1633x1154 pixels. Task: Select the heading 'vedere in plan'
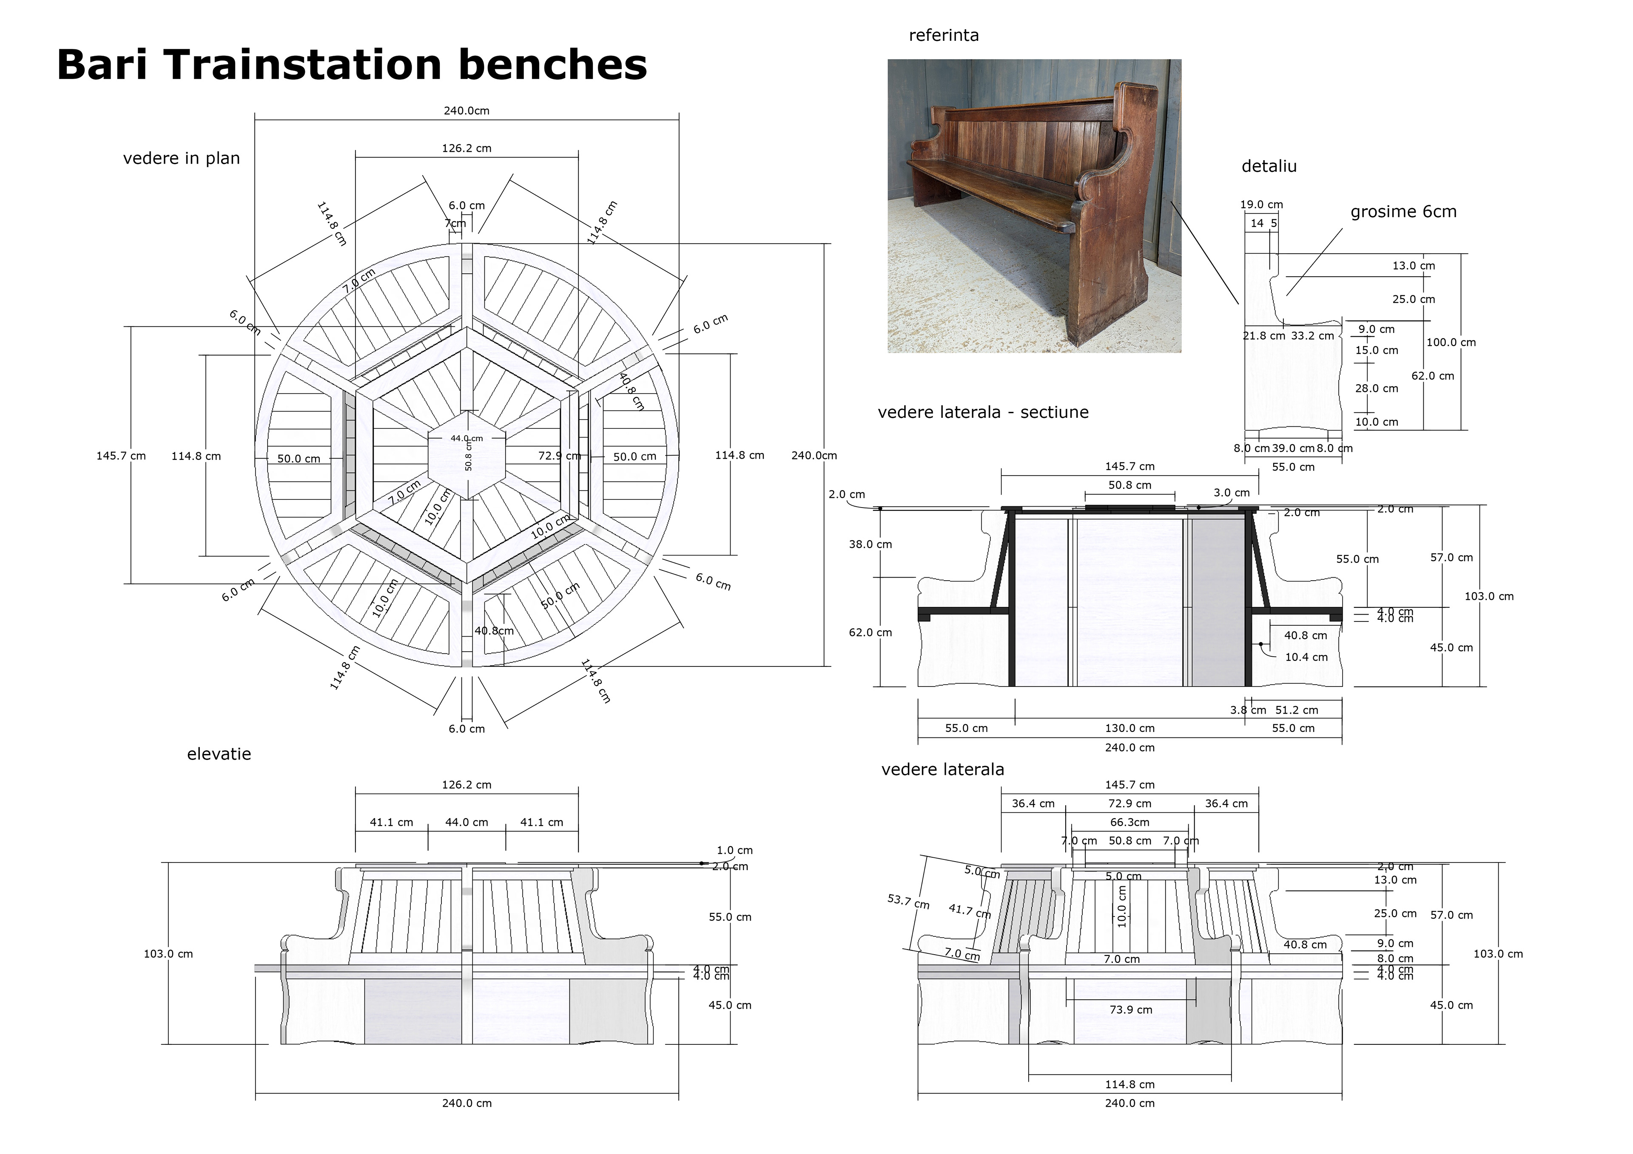point(181,159)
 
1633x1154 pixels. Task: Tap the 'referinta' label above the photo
point(943,36)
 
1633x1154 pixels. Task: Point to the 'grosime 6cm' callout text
point(1403,212)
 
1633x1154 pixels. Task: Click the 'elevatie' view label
point(219,754)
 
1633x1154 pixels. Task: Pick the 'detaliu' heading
point(1269,166)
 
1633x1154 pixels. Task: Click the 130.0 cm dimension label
point(1129,728)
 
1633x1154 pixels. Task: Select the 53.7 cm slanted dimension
point(908,902)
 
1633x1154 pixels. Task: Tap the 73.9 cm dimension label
point(1131,1009)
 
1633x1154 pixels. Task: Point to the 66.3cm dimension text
point(1129,822)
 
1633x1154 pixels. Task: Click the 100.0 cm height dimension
point(1451,343)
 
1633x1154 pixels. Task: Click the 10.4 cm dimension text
point(1306,658)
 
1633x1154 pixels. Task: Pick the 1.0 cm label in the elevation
point(734,851)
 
